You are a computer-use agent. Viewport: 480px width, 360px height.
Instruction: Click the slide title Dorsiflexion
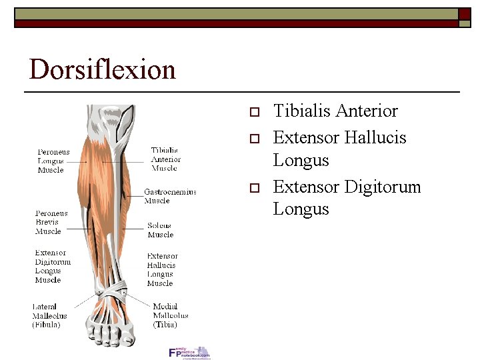click(102, 69)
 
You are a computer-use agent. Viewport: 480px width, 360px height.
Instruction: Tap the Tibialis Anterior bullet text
click(335, 111)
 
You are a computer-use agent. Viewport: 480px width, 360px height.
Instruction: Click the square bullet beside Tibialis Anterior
click(253, 111)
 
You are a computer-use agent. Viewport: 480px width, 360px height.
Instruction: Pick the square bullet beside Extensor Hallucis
click(253, 138)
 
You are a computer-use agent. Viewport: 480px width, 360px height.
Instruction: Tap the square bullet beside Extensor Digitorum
click(253, 187)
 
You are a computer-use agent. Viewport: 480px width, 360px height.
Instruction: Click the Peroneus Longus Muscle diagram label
click(53, 161)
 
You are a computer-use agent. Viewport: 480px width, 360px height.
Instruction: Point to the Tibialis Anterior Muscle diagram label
click(165, 159)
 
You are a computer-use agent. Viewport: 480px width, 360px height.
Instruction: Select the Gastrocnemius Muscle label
click(170, 196)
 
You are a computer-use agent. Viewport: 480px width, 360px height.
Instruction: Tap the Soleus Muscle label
click(160, 230)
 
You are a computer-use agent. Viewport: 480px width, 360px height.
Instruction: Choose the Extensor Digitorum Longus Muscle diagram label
click(53, 267)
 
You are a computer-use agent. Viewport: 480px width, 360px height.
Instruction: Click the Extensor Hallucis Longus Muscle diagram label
click(162, 269)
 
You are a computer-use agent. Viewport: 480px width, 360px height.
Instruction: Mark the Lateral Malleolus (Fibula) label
click(49, 315)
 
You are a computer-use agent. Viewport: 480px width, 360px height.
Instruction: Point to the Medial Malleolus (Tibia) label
click(170, 315)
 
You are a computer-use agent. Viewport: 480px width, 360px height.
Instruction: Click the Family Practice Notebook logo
click(189, 353)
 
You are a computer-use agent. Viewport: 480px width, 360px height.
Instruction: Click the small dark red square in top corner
click(465, 13)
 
